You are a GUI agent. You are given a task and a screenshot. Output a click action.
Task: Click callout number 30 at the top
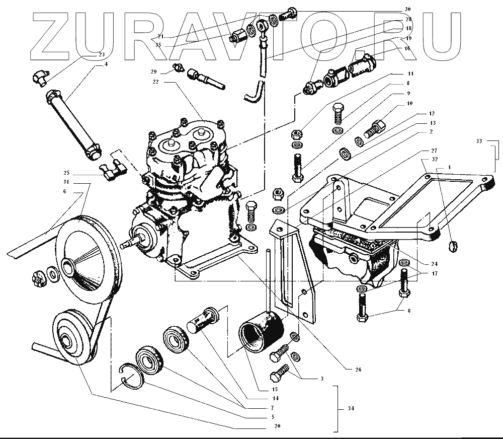coord(407,9)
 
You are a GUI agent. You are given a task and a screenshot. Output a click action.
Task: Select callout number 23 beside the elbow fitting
coord(101,54)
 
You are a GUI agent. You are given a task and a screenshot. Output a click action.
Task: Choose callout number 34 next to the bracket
coord(351,408)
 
